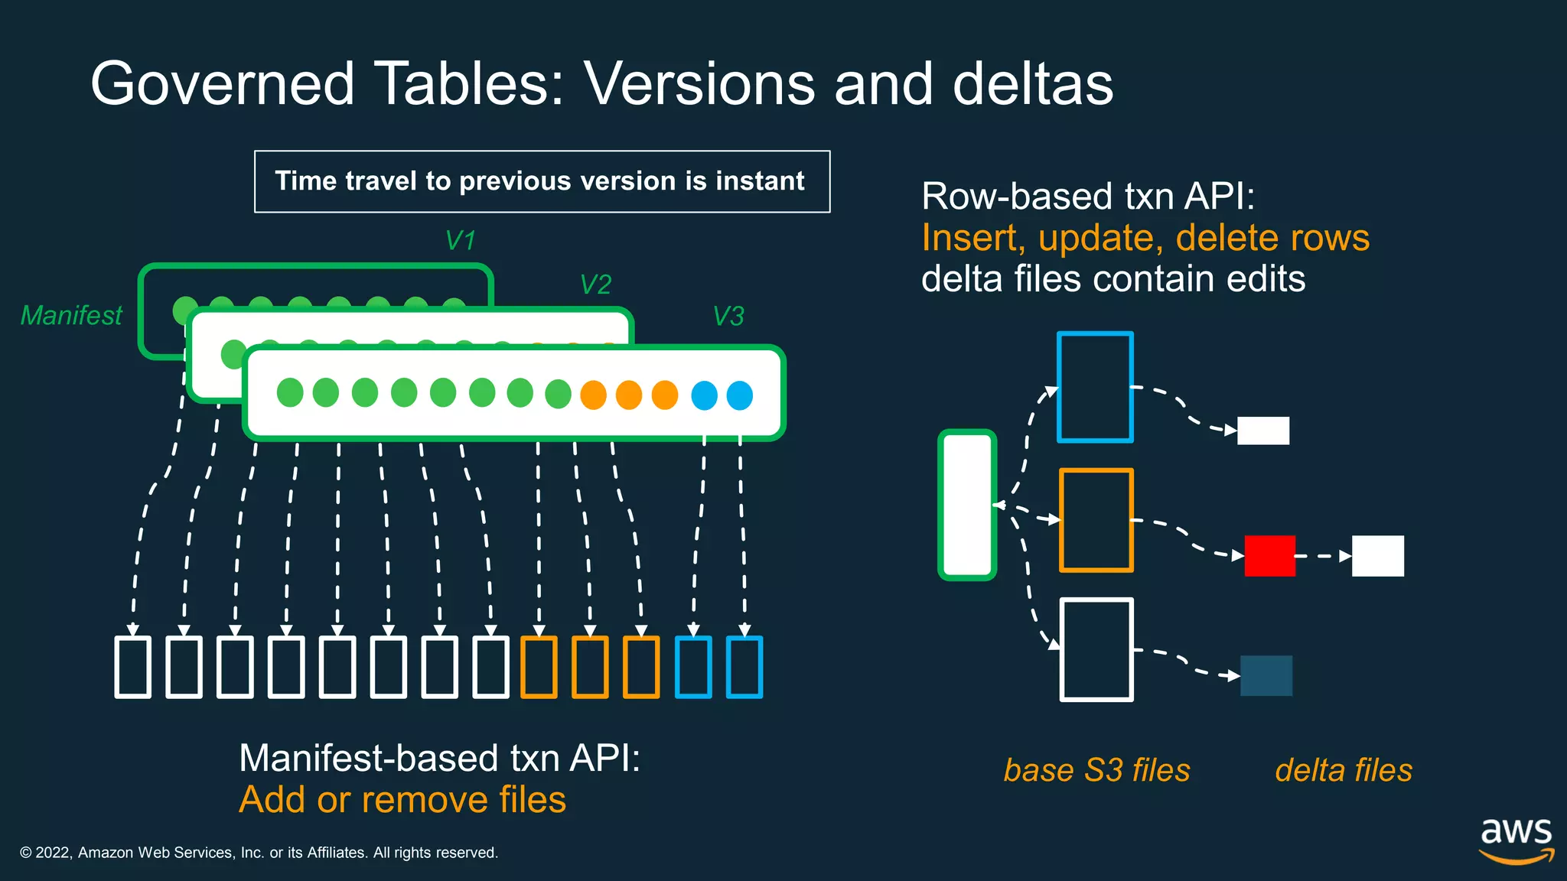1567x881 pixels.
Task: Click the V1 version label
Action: point(461,241)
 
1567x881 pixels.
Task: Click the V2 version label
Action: point(595,284)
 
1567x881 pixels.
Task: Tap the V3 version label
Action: point(728,317)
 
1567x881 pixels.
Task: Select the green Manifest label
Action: point(71,315)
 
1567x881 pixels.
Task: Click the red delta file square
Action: point(1269,556)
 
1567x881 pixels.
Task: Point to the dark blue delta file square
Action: point(1266,675)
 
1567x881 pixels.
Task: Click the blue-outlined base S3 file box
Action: point(1095,387)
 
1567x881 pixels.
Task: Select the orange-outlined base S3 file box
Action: point(1096,520)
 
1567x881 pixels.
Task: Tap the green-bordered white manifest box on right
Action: point(967,505)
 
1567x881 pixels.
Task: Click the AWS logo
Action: point(1516,840)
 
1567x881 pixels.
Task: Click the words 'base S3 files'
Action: point(1096,770)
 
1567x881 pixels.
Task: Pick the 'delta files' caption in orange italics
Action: point(1344,770)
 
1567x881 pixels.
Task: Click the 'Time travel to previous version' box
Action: point(542,182)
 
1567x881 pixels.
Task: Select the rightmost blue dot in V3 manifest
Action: point(739,395)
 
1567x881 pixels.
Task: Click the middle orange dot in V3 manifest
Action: point(629,395)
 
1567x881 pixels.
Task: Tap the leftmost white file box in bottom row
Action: point(132,667)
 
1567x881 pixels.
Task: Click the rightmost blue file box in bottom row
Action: point(744,667)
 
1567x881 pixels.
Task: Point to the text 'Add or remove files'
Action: point(402,800)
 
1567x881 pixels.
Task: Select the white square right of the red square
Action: point(1377,556)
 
